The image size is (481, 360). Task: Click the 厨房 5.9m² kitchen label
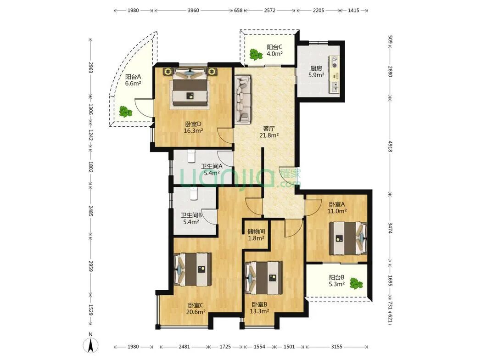point(317,72)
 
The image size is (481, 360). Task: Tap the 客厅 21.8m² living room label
point(269,132)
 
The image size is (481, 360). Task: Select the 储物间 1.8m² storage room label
point(256,235)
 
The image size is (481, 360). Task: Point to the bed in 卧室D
point(190,88)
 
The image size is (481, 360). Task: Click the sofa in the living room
point(243,100)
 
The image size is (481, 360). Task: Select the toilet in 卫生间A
point(192,156)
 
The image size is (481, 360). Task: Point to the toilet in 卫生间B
point(193,193)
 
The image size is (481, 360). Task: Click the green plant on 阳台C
point(256,54)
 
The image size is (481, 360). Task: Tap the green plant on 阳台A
point(125,112)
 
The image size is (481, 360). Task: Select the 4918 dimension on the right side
point(390,146)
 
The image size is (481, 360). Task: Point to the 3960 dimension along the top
point(193,11)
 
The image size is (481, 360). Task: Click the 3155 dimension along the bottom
point(336,347)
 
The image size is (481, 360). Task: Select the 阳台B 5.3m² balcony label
point(337,281)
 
